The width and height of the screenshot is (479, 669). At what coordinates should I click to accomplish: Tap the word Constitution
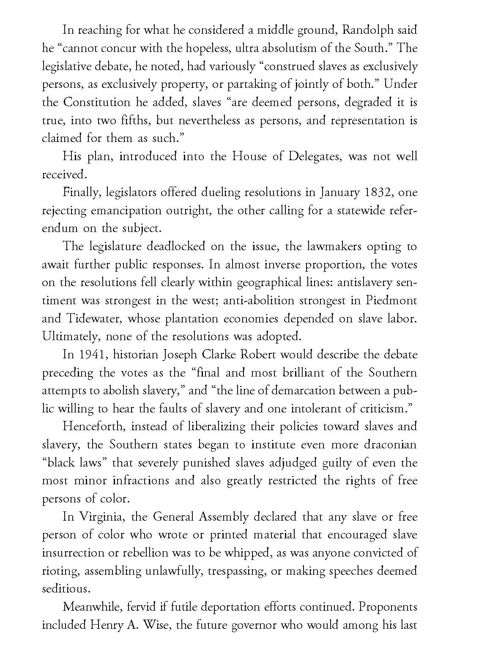pyautogui.click(x=96, y=102)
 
